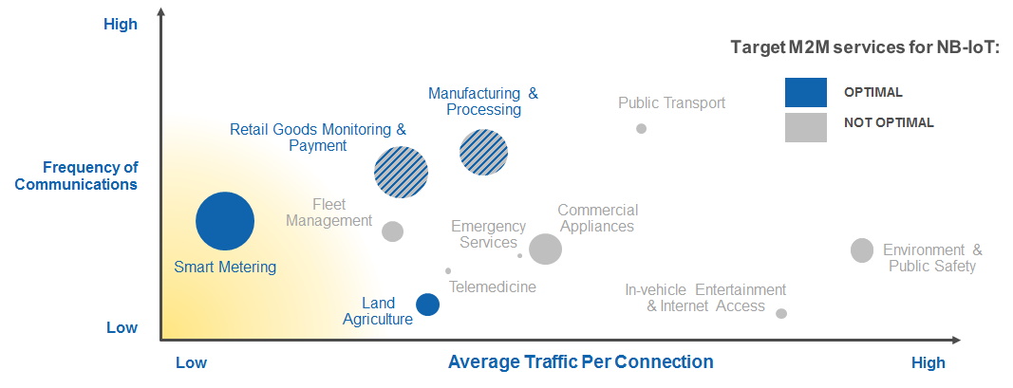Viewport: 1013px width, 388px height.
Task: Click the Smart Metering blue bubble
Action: (225, 221)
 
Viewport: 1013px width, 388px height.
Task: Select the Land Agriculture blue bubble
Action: (427, 305)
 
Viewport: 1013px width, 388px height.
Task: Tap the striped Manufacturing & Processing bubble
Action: (483, 153)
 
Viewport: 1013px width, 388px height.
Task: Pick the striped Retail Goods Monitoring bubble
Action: (402, 172)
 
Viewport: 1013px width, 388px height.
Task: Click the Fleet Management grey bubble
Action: (392, 231)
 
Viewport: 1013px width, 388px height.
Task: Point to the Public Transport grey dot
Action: (641, 128)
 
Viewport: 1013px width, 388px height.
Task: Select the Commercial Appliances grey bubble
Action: (545, 249)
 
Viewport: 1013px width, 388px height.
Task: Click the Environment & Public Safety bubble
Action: (862, 249)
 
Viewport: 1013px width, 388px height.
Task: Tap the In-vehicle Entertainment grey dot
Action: (781, 314)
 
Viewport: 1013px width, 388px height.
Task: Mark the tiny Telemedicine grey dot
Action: (448, 271)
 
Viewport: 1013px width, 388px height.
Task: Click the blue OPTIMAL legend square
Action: (806, 92)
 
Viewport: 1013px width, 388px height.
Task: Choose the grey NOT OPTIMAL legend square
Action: (806, 127)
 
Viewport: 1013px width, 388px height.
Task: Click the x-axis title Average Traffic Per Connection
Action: (581, 361)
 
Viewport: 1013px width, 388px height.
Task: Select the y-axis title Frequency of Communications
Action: (76, 176)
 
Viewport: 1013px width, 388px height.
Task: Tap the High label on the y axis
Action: (121, 25)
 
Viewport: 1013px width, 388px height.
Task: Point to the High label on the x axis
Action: (929, 362)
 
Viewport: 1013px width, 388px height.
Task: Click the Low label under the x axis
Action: (191, 362)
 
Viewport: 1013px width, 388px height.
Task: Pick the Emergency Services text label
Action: (488, 234)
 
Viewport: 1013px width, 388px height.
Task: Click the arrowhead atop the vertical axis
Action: (160, 11)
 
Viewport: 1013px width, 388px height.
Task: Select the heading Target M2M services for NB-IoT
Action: (865, 47)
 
